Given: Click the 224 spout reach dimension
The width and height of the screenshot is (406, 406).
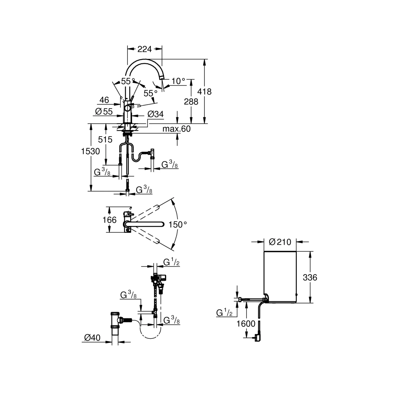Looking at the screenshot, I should coord(145,49).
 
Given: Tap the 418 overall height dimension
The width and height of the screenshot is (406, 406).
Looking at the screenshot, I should coord(204,91).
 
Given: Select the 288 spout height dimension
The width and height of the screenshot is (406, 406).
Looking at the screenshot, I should coord(191,101).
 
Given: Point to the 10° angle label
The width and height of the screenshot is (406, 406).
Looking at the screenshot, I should coord(178,81).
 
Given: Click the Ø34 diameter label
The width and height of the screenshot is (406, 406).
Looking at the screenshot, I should coord(156,114).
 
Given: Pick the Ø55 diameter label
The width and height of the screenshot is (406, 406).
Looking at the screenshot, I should coord(104,111).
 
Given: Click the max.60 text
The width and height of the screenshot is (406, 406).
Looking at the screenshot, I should coord(176,129).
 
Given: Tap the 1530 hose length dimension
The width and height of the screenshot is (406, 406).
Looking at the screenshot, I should coord(90,151).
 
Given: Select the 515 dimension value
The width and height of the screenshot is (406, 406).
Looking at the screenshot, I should coord(105,139).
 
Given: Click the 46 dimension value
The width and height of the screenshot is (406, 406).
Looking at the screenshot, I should coord(104,100).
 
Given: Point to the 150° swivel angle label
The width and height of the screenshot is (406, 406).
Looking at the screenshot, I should coord(178,224).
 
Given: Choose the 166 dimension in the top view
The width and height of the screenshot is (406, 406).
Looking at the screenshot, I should coord(109,220).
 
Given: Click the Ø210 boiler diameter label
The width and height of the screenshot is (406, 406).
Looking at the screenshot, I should coord(280,242).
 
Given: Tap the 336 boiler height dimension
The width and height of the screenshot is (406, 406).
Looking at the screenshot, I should coord(310,277).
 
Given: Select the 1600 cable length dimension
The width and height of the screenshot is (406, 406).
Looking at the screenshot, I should coord(246,323).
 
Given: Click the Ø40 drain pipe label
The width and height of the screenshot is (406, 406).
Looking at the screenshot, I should coord(92,338).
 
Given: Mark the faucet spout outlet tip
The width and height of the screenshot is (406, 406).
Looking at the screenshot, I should coord(161,78).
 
